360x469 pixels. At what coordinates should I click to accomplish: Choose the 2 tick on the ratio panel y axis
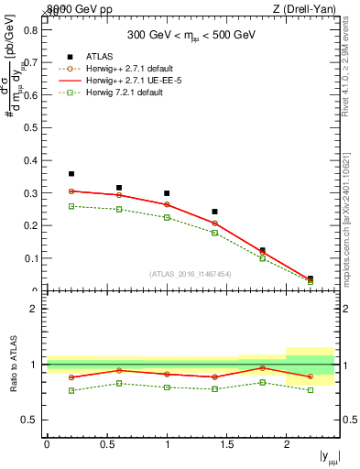click(x=34, y=309)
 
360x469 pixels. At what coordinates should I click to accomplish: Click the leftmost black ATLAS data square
click(x=71, y=174)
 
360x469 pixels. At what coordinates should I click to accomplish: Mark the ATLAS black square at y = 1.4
click(x=214, y=212)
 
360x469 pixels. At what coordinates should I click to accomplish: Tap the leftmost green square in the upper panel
click(x=71, y=206)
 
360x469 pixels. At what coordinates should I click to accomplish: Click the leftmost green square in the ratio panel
click(x=71, y=390)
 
